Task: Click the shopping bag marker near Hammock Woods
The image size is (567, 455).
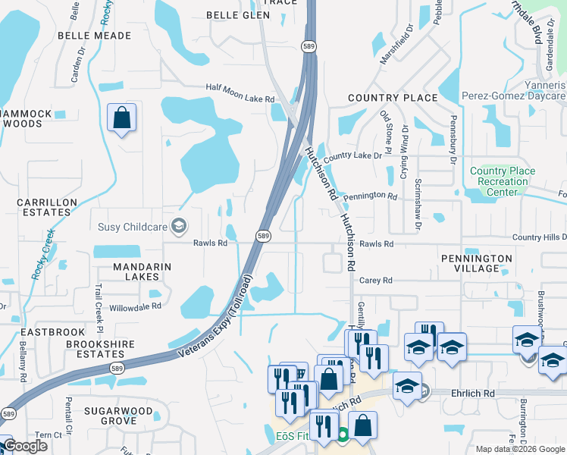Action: [121, 118]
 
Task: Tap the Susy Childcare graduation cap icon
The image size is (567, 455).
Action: [179, 226]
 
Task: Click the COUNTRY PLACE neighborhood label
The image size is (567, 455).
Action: [392, 98]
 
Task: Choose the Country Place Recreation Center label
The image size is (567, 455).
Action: [503, 181]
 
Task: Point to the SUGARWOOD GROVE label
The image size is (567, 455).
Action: [109, 415]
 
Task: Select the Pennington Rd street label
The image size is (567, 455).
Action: [370, 196]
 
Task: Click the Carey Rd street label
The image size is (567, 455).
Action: [375, 280]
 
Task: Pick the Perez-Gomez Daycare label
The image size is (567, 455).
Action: [514, 96]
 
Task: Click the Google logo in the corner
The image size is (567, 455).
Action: [24, 446]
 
